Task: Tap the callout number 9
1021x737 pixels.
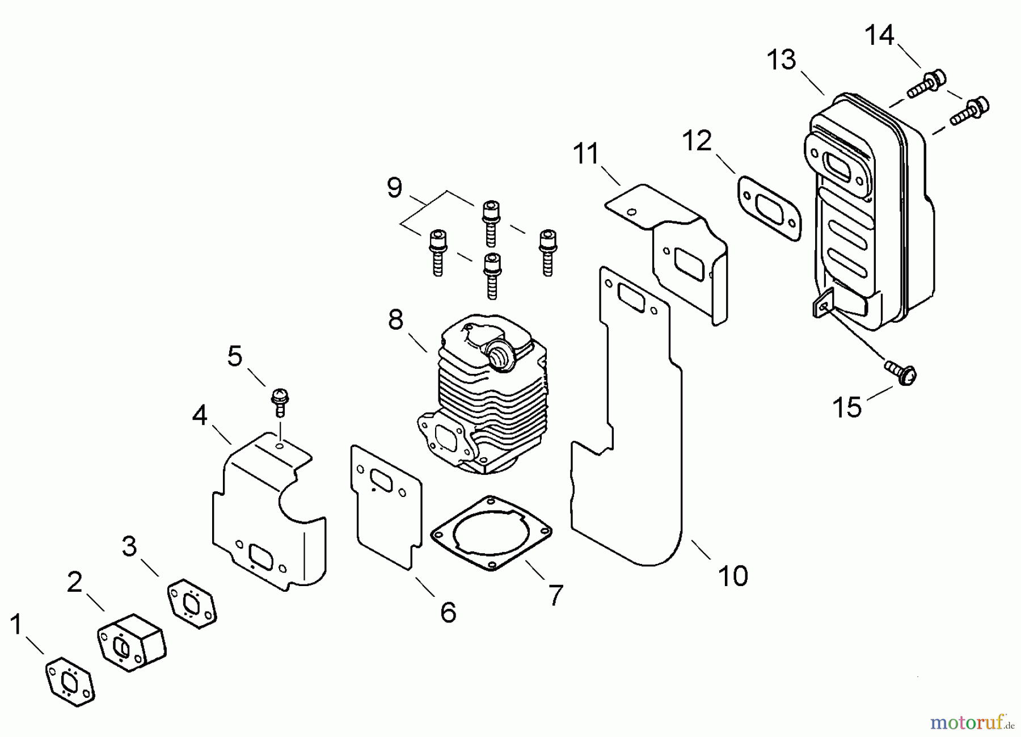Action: (395, 187)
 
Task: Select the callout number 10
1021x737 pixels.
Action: (733, 576)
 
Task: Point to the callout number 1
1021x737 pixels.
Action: (15, 625)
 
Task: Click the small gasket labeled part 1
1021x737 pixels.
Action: (70, 681)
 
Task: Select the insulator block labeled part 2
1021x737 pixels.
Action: (132, 642)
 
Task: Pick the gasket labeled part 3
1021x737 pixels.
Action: (192, 603)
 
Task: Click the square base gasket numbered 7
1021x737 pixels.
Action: (491, 532)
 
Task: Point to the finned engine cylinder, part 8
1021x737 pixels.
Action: (488, 397)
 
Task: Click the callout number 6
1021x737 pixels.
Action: (448, 613)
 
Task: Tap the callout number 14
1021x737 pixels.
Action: (879, 35)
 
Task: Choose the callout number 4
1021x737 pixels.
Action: (200, 416)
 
